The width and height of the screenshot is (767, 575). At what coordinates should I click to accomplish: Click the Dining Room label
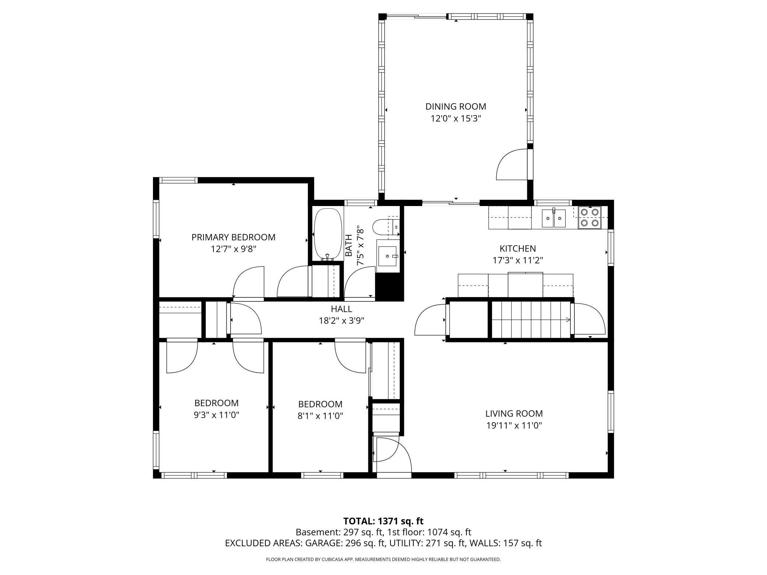[456, 107]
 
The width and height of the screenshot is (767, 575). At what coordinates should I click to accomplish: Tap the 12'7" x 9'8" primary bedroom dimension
[233, 249]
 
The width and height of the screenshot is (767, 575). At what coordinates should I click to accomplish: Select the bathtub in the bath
[328, 234]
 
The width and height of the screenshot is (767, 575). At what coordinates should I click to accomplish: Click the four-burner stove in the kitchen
[589, 217]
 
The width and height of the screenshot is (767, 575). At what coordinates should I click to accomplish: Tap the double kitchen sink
[553, 219]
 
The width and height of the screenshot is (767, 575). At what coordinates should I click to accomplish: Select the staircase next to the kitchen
[531, 319]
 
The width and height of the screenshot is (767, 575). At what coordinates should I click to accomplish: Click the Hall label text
[341, 309]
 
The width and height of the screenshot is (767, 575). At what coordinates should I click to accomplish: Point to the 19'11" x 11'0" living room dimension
[514, 426]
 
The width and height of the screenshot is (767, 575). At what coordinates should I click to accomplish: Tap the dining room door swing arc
[511, 165]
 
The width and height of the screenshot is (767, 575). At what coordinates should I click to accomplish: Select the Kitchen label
[517, 248]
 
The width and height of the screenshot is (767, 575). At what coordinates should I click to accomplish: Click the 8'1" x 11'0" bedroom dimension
[320, 416]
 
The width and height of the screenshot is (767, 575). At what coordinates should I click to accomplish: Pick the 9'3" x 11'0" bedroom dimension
[216, 415]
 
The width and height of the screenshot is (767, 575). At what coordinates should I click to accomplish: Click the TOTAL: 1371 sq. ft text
[383, 521]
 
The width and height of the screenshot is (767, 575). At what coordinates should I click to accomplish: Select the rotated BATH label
[349, 247]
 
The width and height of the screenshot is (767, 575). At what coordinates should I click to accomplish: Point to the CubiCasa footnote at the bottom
[383, 560]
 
